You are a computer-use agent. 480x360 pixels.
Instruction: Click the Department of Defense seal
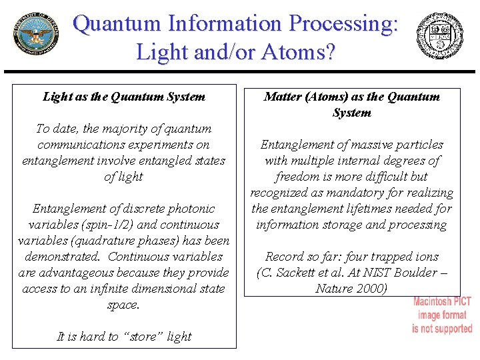coord(35,35)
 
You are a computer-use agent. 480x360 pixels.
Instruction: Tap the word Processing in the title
coord(339,24)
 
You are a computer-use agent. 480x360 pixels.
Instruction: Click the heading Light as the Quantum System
coord(124,97)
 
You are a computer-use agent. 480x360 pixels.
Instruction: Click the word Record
coord(284,257)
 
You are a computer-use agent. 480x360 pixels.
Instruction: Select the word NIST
coord(378,273)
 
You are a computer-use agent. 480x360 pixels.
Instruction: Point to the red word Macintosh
coord(442,302)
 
